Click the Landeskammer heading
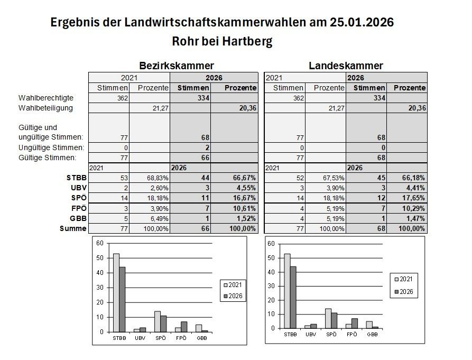click(x=346, y=66)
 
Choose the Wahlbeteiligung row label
click(x=45, y=108)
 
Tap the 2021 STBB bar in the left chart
click(x=116, y=292)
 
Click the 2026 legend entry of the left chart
click(x=233, y=297)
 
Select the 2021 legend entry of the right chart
click(x=404, y=279)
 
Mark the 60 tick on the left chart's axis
click(x=99, y=243)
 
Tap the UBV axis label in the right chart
click(x=311, y=334)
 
